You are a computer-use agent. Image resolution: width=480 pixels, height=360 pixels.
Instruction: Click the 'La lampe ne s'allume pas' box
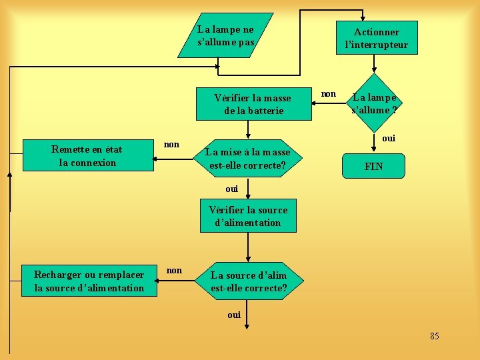coord(225,35)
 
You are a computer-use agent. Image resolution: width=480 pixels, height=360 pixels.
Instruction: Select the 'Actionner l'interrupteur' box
coord(377,38)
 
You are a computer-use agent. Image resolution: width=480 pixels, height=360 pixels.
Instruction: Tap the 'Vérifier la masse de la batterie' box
coord(253,104)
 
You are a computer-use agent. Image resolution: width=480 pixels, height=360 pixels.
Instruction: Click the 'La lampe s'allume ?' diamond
coord(375,103)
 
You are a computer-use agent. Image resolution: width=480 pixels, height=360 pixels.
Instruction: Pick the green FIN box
coord(373,166)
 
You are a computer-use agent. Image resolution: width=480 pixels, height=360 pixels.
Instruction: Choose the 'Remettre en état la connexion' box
coord(87,156)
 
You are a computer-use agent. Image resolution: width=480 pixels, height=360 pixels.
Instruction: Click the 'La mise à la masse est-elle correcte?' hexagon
coord(248,159)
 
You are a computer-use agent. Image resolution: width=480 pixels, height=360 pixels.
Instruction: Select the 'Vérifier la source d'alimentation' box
coord(248,216)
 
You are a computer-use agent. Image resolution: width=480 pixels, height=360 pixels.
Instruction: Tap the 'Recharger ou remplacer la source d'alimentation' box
coord(89,281)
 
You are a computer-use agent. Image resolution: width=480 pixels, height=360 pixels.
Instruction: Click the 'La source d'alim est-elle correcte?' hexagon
coord(249,282)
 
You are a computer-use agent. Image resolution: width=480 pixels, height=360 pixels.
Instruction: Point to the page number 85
coord(435,336)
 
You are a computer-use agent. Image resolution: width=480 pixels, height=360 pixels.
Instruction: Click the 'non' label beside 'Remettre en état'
coord(171,144)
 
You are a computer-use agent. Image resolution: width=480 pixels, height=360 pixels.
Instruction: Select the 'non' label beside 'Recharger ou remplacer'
coord(174,270)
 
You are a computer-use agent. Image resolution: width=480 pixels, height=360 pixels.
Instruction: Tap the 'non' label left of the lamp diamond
coord(329,94)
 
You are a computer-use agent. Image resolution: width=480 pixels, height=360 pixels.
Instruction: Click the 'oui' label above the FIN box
coord(389,138)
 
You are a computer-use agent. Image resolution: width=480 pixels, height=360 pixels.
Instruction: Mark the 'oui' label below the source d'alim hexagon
coord(234,315)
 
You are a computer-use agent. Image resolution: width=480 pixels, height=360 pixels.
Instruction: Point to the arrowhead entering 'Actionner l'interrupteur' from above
coord(363,18)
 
